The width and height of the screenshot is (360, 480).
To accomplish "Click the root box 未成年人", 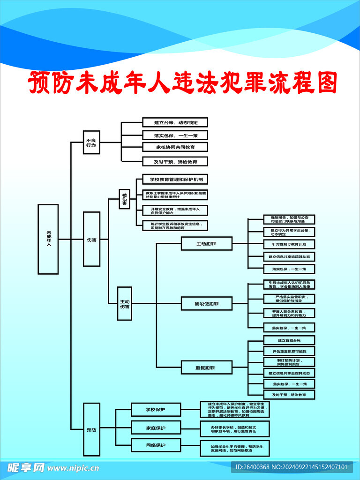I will click(48, 239).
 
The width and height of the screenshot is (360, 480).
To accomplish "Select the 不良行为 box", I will click(91, 142).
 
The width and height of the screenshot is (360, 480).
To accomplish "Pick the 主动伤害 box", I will click(124, 303).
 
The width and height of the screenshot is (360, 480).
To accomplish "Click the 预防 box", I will click(91, 429).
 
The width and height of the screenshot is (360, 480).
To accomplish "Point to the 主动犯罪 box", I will click(207, 244).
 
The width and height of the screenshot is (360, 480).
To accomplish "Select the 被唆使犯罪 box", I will click(207, 304).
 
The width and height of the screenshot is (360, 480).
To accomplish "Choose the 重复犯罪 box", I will click(207, 367).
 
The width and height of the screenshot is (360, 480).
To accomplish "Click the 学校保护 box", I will click(155, 410).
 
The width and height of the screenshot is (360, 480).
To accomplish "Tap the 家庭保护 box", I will click(155, 427).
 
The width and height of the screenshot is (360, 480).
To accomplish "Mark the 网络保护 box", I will click(155, 445).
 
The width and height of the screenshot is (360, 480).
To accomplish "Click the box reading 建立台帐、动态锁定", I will click(175, 123).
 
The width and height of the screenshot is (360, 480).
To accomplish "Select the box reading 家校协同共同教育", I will click(175, 147).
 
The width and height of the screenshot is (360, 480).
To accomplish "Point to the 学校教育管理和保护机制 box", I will click(175, 180).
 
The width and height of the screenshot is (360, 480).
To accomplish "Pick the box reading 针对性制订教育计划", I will click(289, 244).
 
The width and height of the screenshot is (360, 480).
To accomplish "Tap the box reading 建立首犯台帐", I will click(289, 340).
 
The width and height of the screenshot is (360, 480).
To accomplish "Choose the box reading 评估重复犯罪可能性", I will click(289, 351).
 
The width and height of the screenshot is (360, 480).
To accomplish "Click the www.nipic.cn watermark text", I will click(73, 468).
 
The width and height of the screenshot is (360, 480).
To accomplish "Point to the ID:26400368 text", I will click(254, 467).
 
